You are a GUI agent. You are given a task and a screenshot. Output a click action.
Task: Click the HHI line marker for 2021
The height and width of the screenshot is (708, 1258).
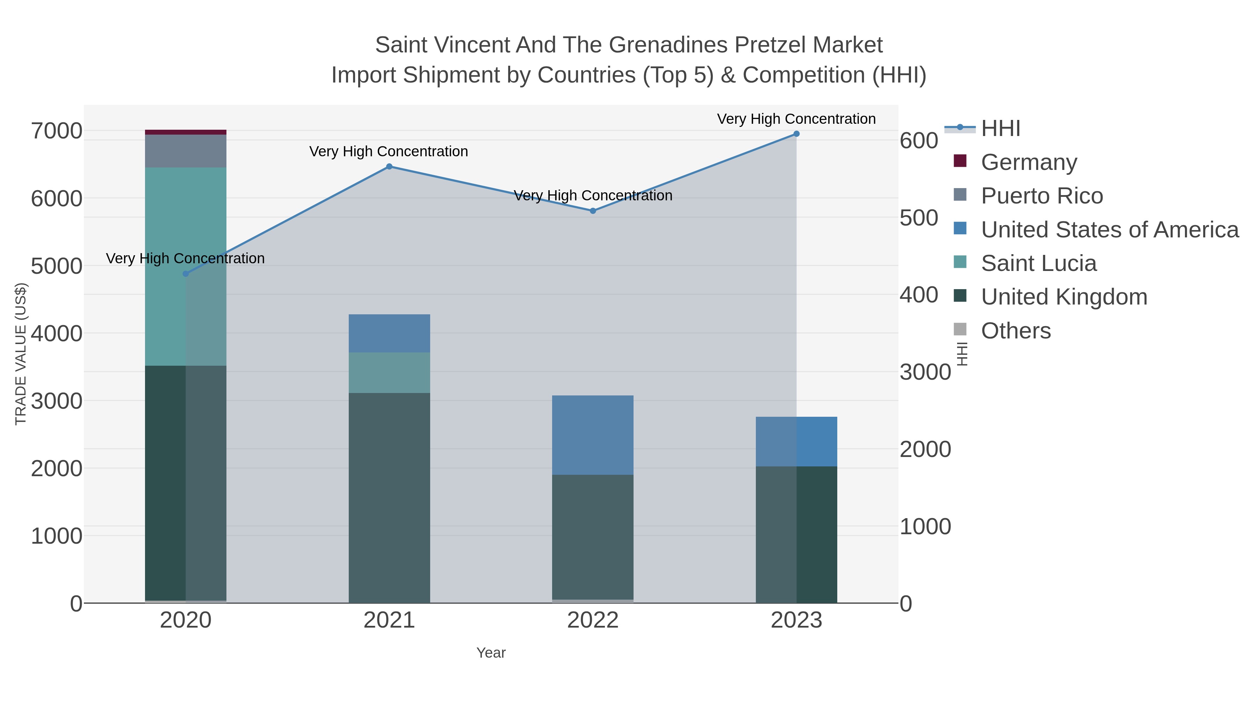pyautogui.click(x=389, y=167)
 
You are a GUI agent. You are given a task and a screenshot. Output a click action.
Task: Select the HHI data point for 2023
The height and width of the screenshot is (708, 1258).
pyautogui.click(x=796, y=134)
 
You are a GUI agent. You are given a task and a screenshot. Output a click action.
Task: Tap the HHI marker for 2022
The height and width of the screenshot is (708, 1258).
pyautogui.click(x=593, y=211)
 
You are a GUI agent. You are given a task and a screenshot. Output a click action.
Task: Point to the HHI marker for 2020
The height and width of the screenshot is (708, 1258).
pyautogui.click(x=186, y=274)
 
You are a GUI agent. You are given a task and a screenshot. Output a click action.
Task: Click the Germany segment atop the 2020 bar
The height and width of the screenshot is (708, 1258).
pyautogui.click(x=186, y=132)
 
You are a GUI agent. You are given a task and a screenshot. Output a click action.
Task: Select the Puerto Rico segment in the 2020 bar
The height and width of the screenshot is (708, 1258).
pyautogui.click(x=186, y=151)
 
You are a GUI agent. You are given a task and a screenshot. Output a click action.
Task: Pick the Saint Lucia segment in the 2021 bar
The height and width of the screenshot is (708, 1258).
pyautogui.click(x=389, y=372)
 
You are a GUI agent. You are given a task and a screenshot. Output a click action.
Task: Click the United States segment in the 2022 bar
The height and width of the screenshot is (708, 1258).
pyautogui.click(x=593, y=435)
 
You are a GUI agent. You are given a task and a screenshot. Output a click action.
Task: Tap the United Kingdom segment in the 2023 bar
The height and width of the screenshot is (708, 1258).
pyautogui.click(x=796, y=535)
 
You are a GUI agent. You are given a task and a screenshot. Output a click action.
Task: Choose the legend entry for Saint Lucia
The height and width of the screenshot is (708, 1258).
pyautogui.click(x=1039, y=263)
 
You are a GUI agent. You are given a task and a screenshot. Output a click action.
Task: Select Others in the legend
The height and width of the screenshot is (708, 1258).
pyautogui.click(x=1016, y=331)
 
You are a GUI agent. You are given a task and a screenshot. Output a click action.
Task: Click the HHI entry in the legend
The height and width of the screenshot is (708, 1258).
pyautogui.click(x=1001, y=129)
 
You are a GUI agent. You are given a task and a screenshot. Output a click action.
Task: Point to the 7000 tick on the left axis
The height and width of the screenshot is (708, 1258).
pyautogui.click(x=57, y=131)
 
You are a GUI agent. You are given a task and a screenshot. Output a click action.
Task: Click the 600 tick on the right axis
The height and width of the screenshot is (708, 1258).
pyautogui.click(x=919, y=141)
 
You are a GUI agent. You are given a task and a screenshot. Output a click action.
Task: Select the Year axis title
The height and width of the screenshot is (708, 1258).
pyautogui.click(x=491, y=653)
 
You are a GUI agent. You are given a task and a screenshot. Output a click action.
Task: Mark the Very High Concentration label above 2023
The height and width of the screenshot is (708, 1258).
pyautogui.click(x=796, y=119)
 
